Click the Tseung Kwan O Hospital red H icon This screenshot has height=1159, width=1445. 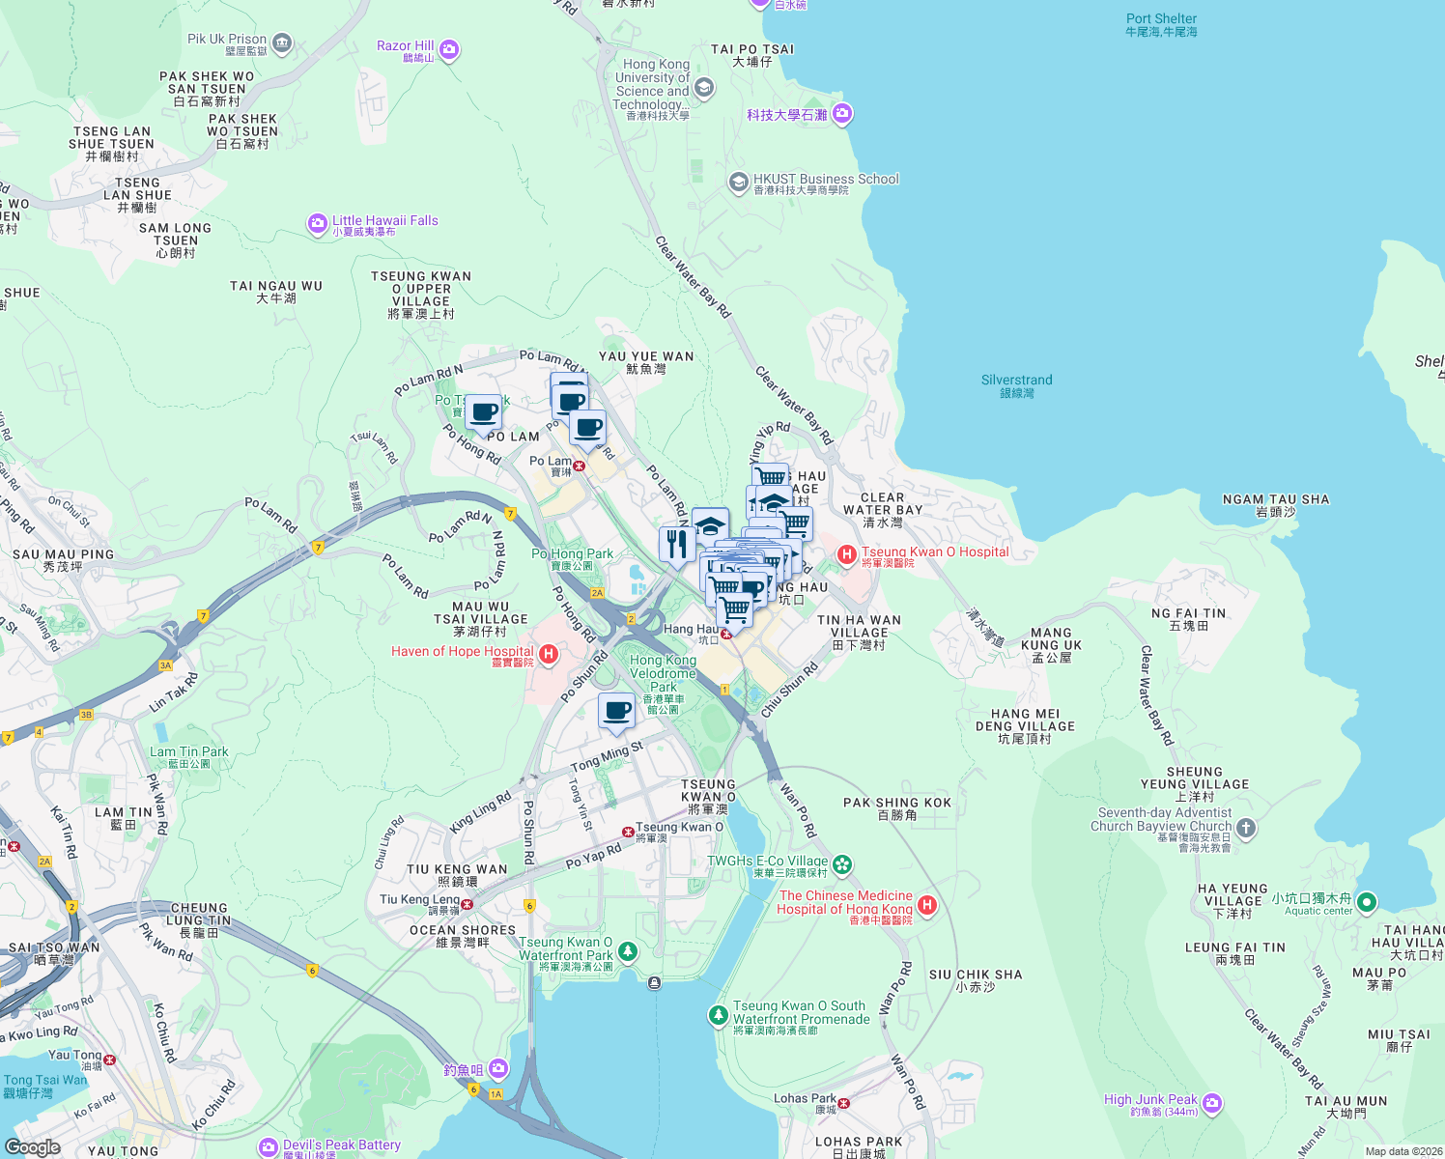point(847,553)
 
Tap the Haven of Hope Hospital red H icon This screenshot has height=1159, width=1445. point(549,655)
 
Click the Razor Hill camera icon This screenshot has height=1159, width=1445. point(448,49)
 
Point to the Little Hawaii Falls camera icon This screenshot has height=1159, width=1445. point(318,224)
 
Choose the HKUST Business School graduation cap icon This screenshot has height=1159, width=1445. point(738,182)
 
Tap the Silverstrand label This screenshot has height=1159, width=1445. point(1016,381)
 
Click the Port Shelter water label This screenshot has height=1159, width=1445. point(1161,19)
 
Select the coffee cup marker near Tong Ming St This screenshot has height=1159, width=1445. point(616,712)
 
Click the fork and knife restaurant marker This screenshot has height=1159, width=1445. point(677,544)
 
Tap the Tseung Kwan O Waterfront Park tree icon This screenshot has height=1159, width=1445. point(628,952)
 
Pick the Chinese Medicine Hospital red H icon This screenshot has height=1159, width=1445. point(927,905)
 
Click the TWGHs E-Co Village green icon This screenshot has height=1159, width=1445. point(842,863)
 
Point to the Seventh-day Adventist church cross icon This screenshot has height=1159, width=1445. point(1246,828)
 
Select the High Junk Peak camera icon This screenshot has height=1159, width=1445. point(1212,1102)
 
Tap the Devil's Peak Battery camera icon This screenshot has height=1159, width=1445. point(269,1146)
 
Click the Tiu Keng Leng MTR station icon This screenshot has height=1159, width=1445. point(467,905)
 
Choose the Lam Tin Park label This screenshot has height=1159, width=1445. point(189,752)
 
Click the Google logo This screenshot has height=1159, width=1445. point(33,1146)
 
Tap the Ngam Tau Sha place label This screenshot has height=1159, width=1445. point(1276,500)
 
